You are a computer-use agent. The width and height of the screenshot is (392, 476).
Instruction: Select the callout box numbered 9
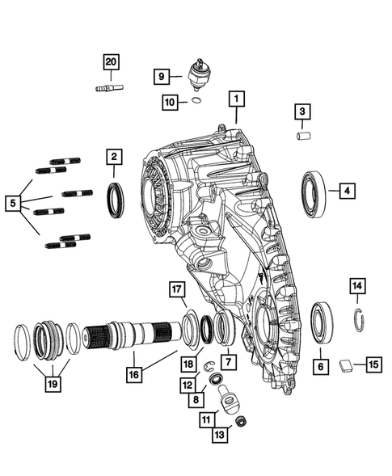click(162, 77)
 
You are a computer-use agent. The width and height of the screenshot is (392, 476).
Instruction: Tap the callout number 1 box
click(237, 99)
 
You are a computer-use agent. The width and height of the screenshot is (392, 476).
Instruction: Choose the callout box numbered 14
click(356, 285)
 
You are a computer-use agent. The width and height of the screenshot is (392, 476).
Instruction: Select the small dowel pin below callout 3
click(304, 136)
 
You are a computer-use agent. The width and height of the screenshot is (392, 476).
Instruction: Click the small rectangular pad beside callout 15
click(346, 364)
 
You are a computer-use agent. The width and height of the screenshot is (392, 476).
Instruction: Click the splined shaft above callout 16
click(133, 333)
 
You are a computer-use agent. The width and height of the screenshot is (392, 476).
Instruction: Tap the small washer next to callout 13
click(241, 422)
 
